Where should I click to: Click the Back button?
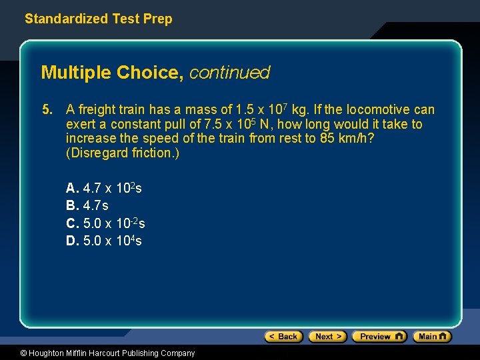tap(283, 337)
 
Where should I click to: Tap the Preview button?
tap(379, 337)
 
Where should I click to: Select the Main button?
tap(432, 337)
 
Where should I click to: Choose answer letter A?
tap(71, 189)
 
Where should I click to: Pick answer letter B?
tap(71, 206)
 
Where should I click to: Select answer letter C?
tap(71, 223)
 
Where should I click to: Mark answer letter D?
tap(71, 241)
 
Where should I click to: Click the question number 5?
tap(46, 110)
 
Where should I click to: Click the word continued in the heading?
tap(229, 73)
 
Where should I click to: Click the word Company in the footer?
tap(177, 353)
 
